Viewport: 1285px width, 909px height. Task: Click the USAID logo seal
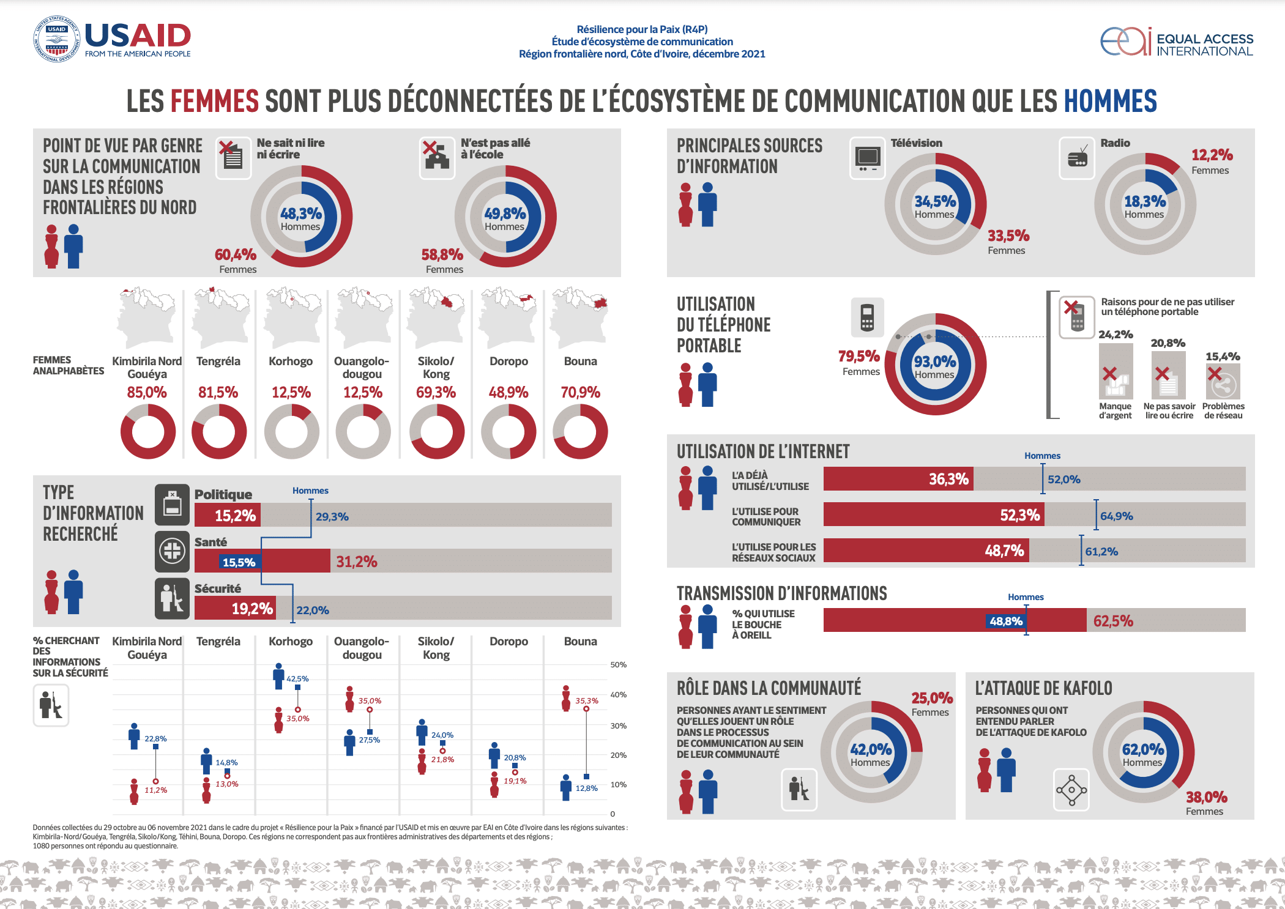click(x=56, y=39)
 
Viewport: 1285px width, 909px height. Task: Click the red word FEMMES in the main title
click(x=214, y=102)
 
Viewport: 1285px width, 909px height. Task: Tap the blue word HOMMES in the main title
click(x=1110, y=102)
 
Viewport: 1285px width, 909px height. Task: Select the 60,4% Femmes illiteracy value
click(x=236, y=254)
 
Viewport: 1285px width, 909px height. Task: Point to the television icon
click(x=868, y=158)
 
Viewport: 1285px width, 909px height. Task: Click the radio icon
click(x=1077, y=158)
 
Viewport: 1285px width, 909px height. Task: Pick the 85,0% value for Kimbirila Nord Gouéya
click(x=147, y=392)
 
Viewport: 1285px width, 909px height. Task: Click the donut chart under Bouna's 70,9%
click(x=580, y=431)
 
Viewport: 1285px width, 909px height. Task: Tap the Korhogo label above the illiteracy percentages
click(x=291, y=362)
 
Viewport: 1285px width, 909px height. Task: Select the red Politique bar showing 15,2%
click(x=228, y=515)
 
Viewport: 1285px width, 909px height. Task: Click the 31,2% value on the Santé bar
click(x=357, y=562)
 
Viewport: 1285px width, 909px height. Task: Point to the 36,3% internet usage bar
click(x=898, y=479)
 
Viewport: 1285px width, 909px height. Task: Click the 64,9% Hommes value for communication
click(x=1117, y=516)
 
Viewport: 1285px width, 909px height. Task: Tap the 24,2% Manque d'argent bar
click(x=1116, y=370)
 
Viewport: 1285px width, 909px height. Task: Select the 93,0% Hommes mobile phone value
click(x=935, y=362)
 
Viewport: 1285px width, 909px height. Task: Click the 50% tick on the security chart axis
click(x=618, y=665)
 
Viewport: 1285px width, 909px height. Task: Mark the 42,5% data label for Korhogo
click(x=297, y=679)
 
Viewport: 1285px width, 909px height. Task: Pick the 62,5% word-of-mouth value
click(x=1113, y=621)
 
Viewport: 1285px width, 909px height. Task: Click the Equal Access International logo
click(x=1176, y=42)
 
